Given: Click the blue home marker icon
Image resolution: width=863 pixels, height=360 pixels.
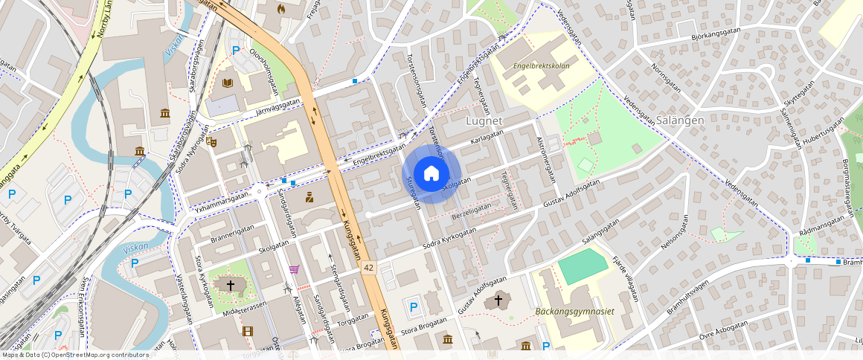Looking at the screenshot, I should (431, 174).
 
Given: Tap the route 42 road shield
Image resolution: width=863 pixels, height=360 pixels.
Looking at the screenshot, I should (368, 266).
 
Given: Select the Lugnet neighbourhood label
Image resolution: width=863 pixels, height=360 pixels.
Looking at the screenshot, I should (484, 120).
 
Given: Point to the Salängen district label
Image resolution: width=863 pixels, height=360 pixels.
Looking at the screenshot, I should (679, 120).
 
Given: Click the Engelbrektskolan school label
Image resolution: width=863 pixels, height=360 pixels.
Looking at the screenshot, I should (541, 65).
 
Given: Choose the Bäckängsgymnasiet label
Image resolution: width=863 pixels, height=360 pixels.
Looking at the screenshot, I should (575, 311).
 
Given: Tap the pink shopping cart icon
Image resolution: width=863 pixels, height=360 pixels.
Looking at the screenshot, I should (295, 269).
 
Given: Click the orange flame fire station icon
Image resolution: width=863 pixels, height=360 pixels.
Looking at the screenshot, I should (280, 9).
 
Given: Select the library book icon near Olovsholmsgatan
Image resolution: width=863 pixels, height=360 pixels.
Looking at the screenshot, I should (228, 83).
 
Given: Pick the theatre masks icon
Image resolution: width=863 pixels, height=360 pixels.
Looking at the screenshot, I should (212, 140).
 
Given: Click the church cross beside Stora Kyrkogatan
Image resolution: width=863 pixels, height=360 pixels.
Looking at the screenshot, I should (231, 284).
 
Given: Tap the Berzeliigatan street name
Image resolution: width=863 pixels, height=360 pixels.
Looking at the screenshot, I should (472, 210).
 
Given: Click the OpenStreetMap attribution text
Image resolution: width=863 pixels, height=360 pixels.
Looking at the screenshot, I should (74, 355).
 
